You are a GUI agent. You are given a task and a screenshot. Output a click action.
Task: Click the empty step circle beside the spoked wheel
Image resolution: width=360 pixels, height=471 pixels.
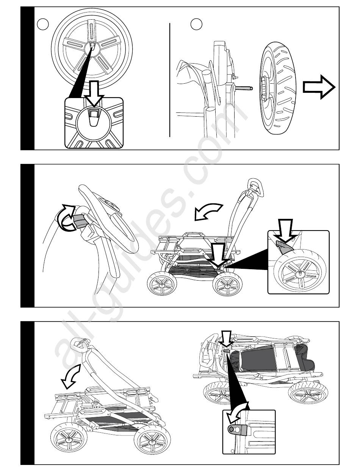[43, 25]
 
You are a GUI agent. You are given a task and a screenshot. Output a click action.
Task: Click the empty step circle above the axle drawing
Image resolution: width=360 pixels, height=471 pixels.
[196, 25]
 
